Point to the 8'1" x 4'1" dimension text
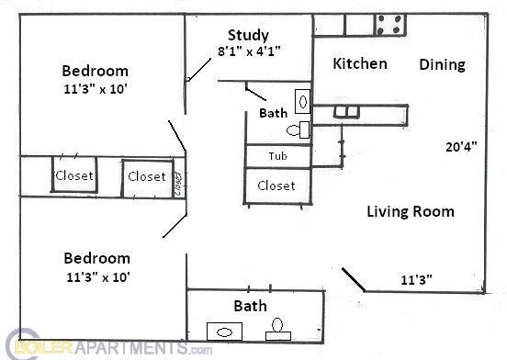(x=248, y=51)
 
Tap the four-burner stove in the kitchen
(x=389, y=25)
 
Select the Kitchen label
(x=359, y=64)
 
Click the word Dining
(x=442, y=64)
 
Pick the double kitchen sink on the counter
(x=346, y=112)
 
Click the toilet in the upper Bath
(x=299, y=129)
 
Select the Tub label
(x=277, y=156)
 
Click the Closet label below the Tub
(x=276, y=186)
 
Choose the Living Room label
(x=411, y=211)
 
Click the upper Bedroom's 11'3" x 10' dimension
(x=95, y=89)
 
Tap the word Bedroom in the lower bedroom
(x=96, y=258)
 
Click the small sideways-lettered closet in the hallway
(x=178, y=178)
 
